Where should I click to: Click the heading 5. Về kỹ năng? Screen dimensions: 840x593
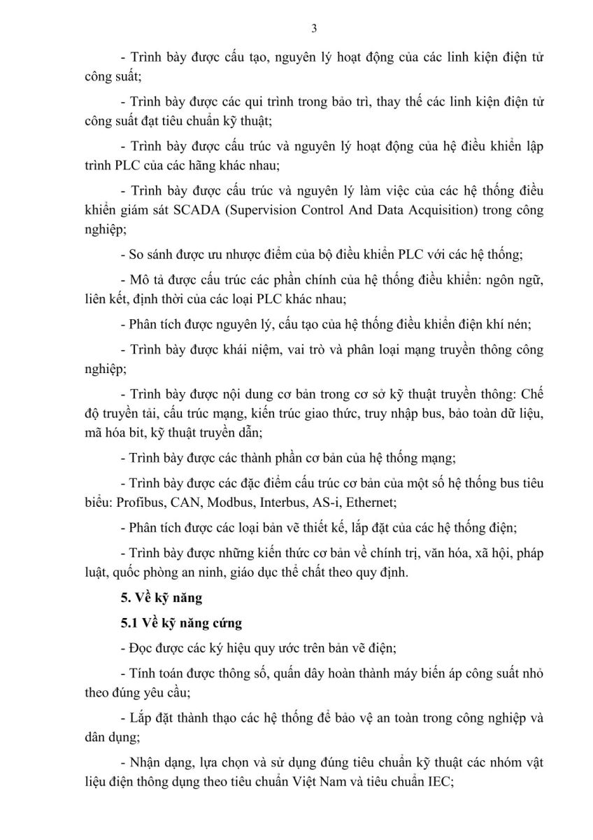tap(155, 598)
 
